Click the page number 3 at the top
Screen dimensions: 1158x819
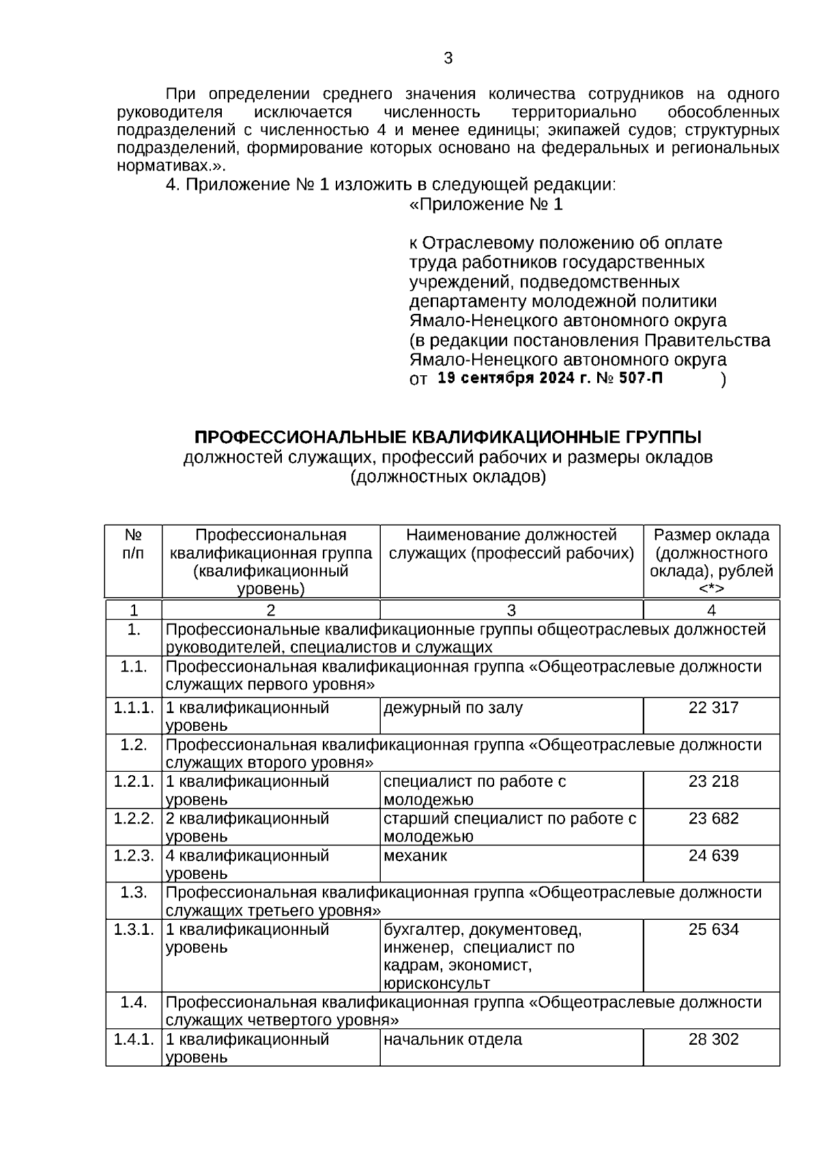[x=448, y=59]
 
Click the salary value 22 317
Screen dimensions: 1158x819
[x=713, y=708]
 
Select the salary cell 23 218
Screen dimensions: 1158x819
[x=713, y=781]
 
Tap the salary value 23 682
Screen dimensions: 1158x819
[x=713, y=818]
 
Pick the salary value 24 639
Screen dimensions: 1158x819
[x=713, y=856]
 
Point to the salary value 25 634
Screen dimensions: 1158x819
[x=713, y=929]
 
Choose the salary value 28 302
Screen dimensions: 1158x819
[x=713, y=1039]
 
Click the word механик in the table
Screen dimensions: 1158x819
[x=415, y=856]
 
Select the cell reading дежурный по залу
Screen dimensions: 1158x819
[x=452, y=708]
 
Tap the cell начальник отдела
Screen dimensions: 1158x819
[x=452, y=1039]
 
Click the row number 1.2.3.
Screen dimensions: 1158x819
[x=134, y=856]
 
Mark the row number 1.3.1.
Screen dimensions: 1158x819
[x=134, y=929]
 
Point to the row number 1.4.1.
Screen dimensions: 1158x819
[x=134, y=1039]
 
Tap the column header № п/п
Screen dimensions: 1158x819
[x=134, y=544]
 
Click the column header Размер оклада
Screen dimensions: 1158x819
[x=711, y=535]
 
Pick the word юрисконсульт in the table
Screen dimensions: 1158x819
[x=437, y=983]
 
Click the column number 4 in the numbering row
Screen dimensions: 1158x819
[x=711, y=610]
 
